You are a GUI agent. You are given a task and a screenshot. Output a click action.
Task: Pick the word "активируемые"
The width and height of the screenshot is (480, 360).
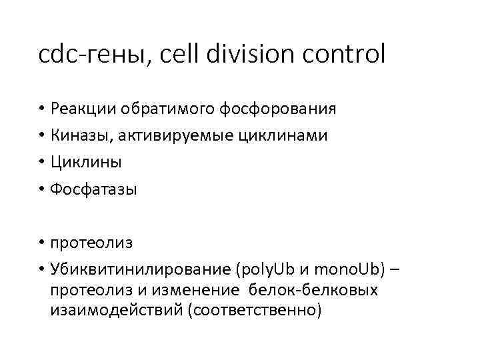coord(175,136)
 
